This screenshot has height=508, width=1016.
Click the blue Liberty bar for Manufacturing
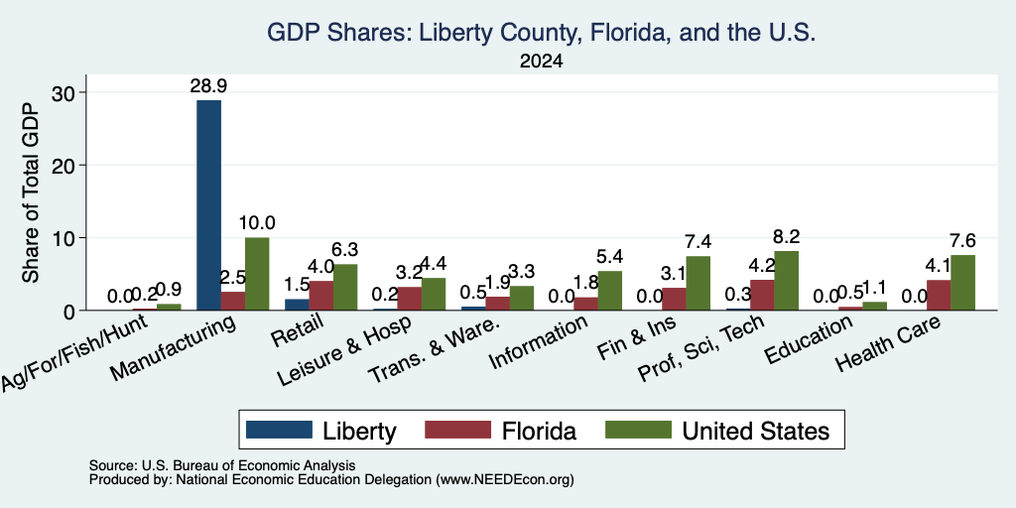tap(208, 204)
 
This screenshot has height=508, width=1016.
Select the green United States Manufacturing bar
tap(257, 274)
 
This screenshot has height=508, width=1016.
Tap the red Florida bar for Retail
tap(320, 296)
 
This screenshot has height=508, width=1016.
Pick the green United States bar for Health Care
tap(962, 283)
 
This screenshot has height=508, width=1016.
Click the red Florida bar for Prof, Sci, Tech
tap(762, 295)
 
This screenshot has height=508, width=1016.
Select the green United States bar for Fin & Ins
tap(698, 283)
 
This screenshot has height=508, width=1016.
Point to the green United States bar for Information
tap(610, 291)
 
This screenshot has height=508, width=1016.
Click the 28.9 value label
tap(208, 86)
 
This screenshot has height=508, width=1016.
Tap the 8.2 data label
tap(786, 236)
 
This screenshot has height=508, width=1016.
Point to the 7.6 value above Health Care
tap(962, 241)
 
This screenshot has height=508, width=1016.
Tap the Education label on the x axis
tap(808, 340)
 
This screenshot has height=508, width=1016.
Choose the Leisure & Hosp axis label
tap(344, 352)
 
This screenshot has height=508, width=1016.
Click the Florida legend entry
tap(539, 431)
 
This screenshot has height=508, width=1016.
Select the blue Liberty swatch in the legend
tap(279, 430)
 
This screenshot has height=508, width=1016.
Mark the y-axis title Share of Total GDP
tap(31, 192)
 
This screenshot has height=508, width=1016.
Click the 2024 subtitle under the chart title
tap(541, 62)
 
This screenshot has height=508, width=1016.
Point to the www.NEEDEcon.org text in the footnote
tap(505, 480)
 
